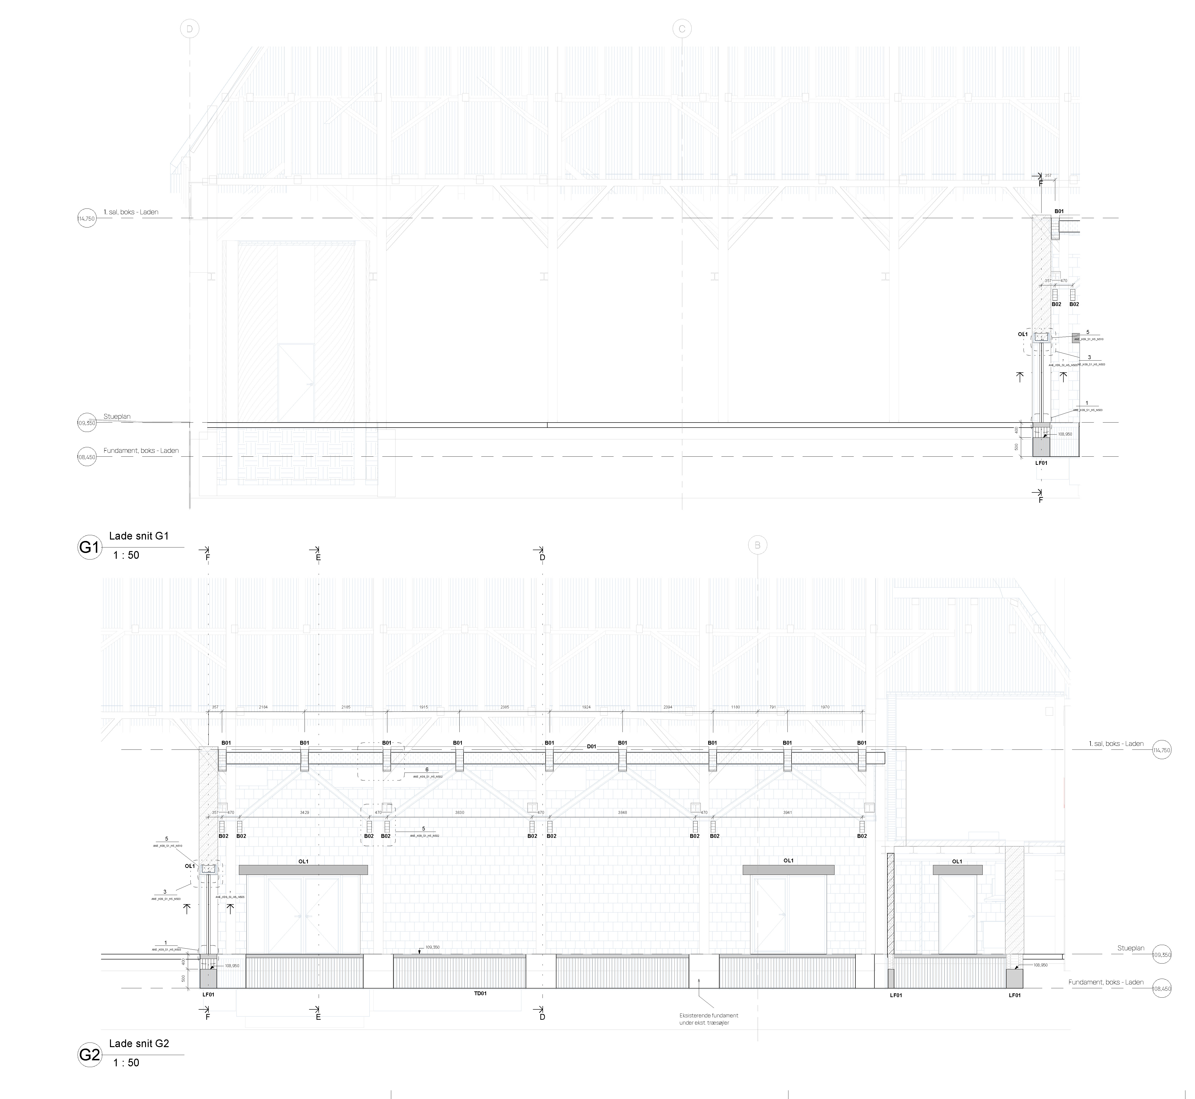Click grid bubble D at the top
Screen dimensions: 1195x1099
190,29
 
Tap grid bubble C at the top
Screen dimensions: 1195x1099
682,29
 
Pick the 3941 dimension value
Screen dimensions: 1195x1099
787,812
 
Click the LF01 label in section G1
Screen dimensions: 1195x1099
1041,463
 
